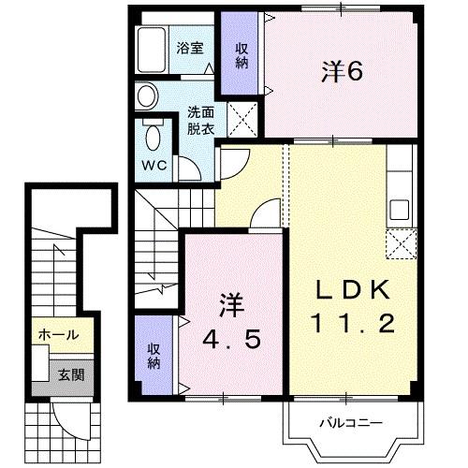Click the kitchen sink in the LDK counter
(403, 209)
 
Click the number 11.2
(353, 324)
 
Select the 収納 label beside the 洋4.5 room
(154, 355)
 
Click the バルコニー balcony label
(352, 422)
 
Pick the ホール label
(59, 334)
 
